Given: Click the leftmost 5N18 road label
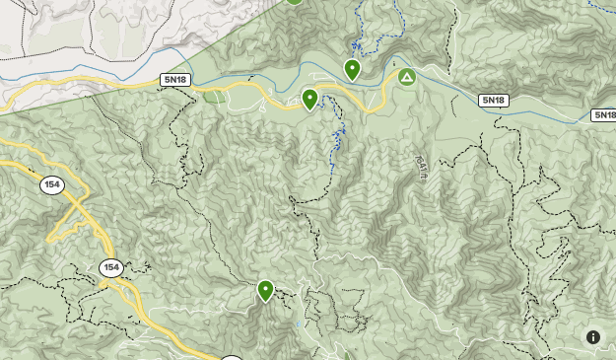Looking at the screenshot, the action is coord(174,79).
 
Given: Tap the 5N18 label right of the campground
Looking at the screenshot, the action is coord(494,101).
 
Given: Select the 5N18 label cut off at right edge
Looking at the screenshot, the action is coord(604,115).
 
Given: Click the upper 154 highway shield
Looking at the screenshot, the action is coord(52,184).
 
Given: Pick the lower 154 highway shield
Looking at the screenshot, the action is coord(110,267).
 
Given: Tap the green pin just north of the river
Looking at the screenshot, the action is coord(352,69).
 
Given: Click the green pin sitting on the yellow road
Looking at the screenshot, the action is coord(309,99).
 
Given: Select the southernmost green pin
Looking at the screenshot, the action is coord(265,290).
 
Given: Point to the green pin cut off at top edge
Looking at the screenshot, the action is coord(294,2).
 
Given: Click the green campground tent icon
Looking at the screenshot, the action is coord(406,77).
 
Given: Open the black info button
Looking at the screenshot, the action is coord(593,337).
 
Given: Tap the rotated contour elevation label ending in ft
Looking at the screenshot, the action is coord(422,168).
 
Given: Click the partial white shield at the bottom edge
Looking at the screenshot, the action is coord(232,357).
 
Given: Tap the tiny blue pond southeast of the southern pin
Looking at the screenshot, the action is coord(299,324).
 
